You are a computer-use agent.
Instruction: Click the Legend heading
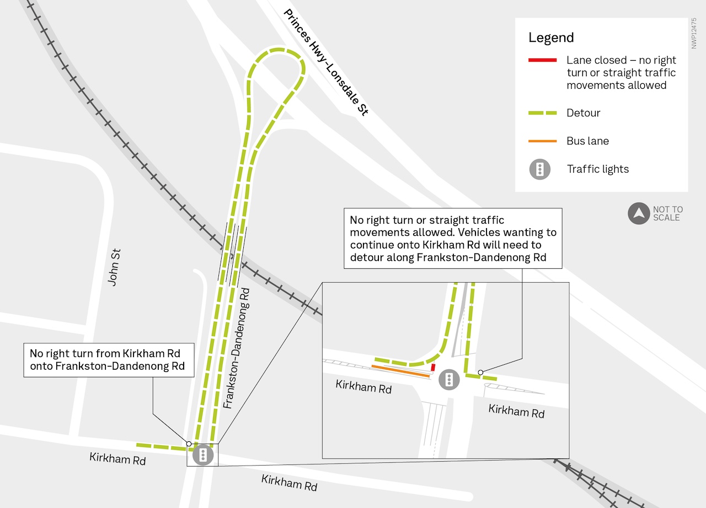551,38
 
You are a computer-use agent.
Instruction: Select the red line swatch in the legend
542,60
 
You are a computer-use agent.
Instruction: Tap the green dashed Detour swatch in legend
542,113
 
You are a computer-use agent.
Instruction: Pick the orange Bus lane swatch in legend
542,141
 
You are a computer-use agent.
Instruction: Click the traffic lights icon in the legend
540,169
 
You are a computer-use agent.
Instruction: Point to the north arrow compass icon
639,213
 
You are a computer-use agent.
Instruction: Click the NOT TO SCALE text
667,213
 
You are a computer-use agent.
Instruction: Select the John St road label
114,267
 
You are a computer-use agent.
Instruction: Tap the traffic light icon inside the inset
450,380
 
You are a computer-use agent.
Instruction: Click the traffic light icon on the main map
203,455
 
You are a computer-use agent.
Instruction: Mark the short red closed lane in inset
433,367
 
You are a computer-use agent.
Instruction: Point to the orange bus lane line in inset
401,371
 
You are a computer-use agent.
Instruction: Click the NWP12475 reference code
694,33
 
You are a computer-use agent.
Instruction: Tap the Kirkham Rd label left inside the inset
363,386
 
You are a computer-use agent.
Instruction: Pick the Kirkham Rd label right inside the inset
516,411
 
